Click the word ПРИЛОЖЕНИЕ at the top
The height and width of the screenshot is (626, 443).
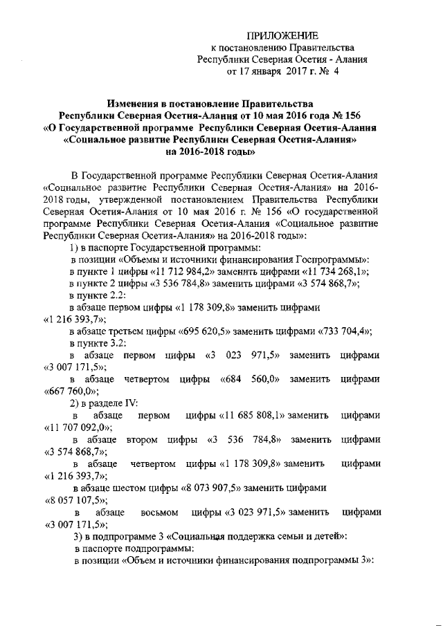click(x=283, y=35)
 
